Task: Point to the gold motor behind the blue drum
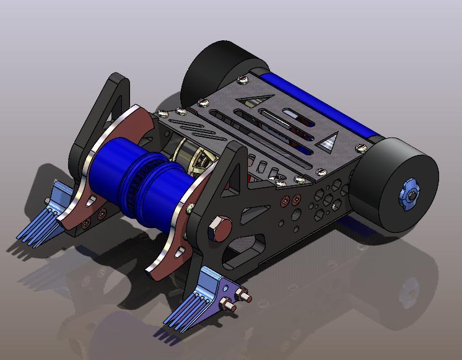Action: pyautogui.click(x=189, y=158)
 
